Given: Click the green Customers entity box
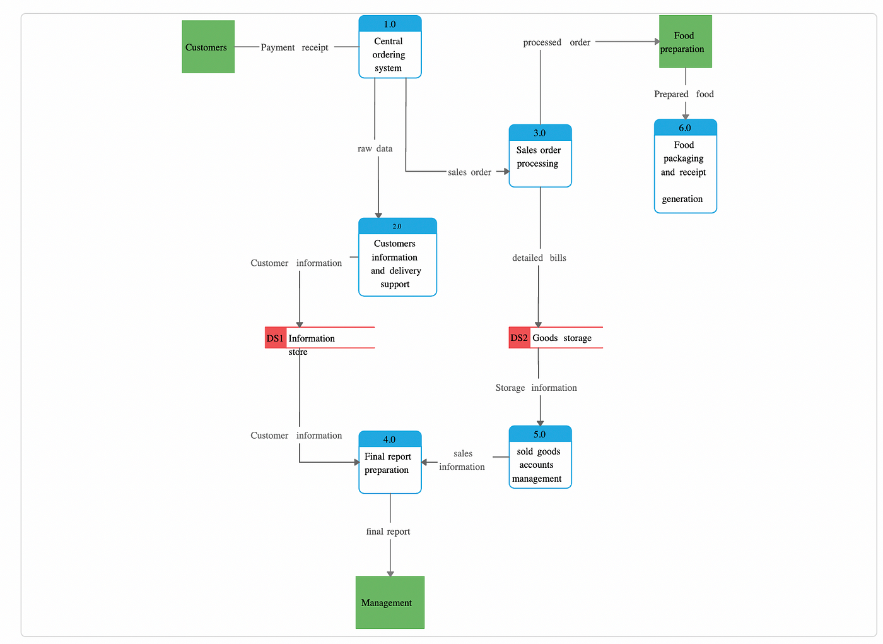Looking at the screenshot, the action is point(208,47).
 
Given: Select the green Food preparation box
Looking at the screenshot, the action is point(686,42).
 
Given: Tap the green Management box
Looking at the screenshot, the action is point(390,602).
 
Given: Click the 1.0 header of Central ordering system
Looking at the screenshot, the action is point(390,24).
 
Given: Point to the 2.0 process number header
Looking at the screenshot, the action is point(397,226).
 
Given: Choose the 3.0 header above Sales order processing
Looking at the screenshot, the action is point(540,133).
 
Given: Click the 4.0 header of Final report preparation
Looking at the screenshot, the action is point(390,439).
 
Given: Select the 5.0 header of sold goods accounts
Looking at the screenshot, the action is point(540,434).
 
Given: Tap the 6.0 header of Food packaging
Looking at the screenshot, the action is point(686,128).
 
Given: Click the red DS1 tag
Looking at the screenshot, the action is point(276,338).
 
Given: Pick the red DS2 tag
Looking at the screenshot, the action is point(519,338).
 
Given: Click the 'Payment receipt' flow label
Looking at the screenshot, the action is point(295,47).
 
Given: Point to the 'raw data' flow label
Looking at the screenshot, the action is point(375,148).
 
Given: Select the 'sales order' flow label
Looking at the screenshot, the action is point(469,172).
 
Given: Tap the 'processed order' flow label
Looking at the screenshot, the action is point(556,42).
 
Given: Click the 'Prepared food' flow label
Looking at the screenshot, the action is point(684,94).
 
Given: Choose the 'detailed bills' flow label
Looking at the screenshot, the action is point(539,258).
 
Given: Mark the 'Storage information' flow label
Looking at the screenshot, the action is point(536,388).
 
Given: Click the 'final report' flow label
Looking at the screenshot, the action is point(388,532).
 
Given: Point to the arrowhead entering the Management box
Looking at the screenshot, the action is point(390,573).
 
